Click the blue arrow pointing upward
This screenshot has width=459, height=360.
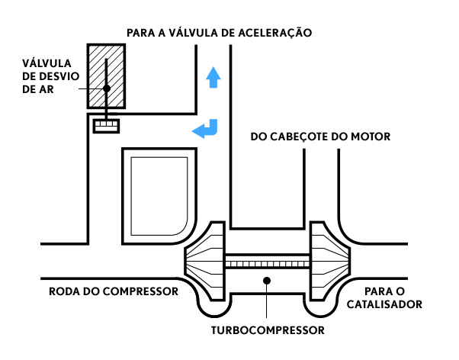tap(213, 77)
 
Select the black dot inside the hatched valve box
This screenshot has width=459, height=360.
tap(107, 88)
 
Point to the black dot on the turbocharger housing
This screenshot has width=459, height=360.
tap(266, 281)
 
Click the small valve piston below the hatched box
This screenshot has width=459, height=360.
tap(106, 127)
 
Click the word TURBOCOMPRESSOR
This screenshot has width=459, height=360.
tap(268, 330)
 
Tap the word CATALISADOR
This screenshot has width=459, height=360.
tap(384, 304)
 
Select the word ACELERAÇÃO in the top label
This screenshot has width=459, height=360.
tap(275, 32)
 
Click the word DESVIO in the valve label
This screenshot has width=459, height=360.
tap(59, 76)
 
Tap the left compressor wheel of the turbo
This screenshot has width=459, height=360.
tap(205, 261)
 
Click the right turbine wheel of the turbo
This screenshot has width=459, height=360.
tap(330, 261)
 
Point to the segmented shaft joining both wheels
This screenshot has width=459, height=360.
tap(268, 264)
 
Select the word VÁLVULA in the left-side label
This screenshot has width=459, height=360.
tap(47, 63)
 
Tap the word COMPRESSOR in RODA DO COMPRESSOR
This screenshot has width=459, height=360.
tap(140, 291)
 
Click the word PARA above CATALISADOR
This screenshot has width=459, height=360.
tap(376, 291)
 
